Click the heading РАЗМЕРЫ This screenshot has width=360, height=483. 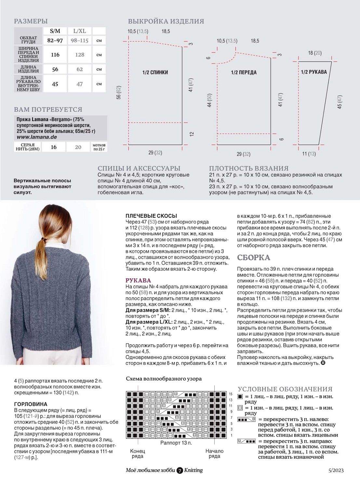(31, 21)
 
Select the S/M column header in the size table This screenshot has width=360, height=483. (55, 31)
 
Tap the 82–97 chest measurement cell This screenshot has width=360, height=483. (55, 40)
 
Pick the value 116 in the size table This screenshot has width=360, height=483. (55, 55)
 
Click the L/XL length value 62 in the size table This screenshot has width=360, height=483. (80, 69)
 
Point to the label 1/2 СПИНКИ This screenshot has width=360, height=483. (155, 72)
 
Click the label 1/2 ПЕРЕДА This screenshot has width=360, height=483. (244, 73)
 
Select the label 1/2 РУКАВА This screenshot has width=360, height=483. (313, 72)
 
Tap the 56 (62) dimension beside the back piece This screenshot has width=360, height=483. (119, 92)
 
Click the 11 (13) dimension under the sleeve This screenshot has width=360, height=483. (309, 154)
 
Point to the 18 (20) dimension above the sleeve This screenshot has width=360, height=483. (314, 53)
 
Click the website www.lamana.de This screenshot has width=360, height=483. (37, 137)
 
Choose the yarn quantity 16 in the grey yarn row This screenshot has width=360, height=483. (54, 147)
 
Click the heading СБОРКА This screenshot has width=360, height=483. (253, 258)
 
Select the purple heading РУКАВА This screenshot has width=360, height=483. (138, 280)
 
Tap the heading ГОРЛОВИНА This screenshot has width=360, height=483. (31, 404)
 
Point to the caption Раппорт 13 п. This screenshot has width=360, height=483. (176, 443)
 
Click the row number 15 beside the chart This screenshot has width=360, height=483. (231, 394)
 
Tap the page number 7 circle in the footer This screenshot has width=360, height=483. (180, 470)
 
